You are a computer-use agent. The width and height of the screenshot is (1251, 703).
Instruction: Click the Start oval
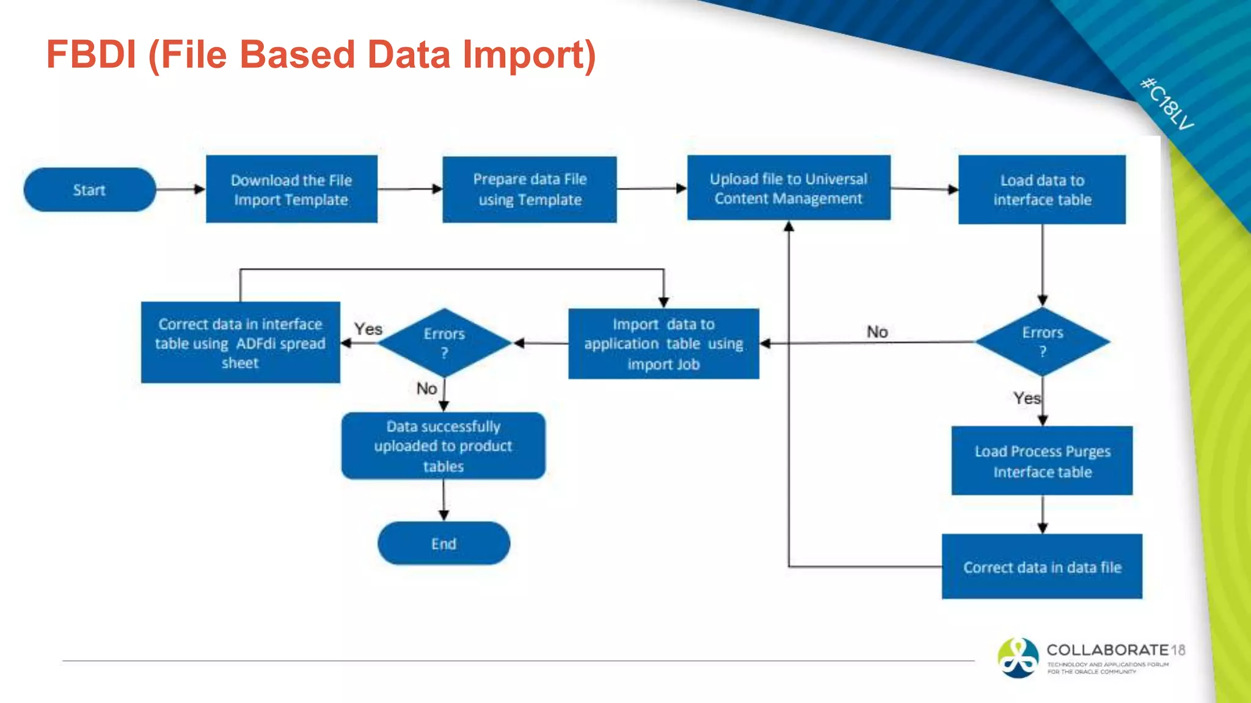tap(90, 190)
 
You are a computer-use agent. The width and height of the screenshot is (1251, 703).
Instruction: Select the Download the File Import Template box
tap(291, 189)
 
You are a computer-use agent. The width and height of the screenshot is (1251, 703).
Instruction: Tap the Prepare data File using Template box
tap(530, 189)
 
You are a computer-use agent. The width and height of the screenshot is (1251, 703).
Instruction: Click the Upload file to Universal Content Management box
tap(789, 188)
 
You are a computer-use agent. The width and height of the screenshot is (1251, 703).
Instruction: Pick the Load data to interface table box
tap(1042, 190)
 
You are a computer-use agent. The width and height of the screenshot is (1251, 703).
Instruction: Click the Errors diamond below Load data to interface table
tap(1043, 342)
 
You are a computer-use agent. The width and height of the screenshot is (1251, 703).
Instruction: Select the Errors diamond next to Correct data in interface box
tap(444, 343)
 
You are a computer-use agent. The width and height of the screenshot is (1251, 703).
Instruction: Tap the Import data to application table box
tap(663, 344)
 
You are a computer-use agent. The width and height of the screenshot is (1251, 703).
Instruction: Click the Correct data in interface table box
tap(240, 343)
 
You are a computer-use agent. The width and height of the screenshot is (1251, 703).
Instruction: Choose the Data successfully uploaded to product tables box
tap(443, 446)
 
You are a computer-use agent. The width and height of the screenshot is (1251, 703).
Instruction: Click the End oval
tap(443, 544)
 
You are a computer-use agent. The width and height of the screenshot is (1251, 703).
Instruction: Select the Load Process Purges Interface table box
tap(1042, 461)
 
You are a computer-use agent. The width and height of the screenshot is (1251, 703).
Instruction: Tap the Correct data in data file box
tap(1042, 567)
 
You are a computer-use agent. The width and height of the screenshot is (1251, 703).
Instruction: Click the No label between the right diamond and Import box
tap(877, 332)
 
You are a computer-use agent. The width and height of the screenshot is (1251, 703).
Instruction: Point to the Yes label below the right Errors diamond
tap(1026, 398)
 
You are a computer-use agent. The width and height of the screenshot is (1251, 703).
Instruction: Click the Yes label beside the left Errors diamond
tap(368, 329)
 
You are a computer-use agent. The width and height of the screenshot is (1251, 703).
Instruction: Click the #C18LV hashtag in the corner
tap(1167, 104)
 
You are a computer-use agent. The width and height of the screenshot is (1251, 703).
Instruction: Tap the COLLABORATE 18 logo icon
tap(1018, 658)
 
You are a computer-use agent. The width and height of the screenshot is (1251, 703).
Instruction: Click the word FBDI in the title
tap(92, 55)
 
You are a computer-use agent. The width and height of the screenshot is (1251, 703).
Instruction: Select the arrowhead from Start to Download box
tap(200, 189)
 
